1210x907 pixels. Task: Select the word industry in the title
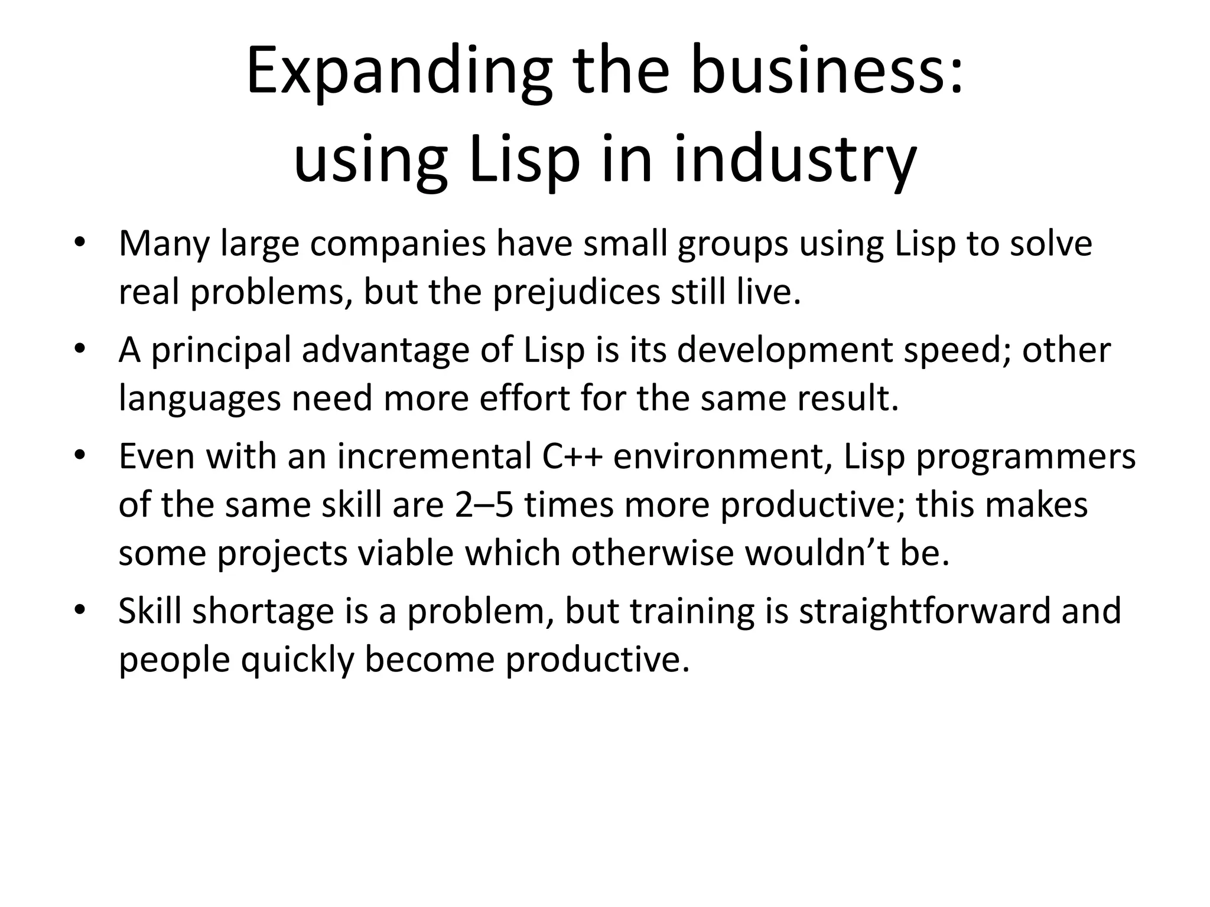click(x=795, y=159)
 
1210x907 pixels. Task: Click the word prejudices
click(x=576, y=292)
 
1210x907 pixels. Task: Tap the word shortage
click(x=264, y=611)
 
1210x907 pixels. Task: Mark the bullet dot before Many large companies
click(x=80, y=243)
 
